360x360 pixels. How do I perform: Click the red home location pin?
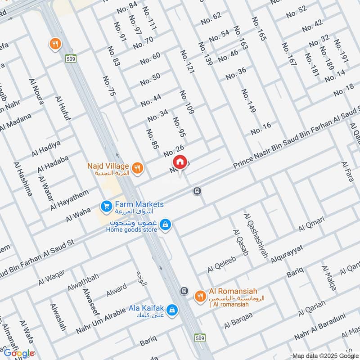coord(180,162)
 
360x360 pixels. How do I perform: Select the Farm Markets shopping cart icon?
coord(107,207)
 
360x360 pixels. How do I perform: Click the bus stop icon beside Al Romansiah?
coord(184,291)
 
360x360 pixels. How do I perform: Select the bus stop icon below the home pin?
coord(197,191)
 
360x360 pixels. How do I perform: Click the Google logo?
coord(19,353)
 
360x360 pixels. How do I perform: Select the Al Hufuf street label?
coord(63,108)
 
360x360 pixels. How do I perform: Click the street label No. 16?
coord(261,128)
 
